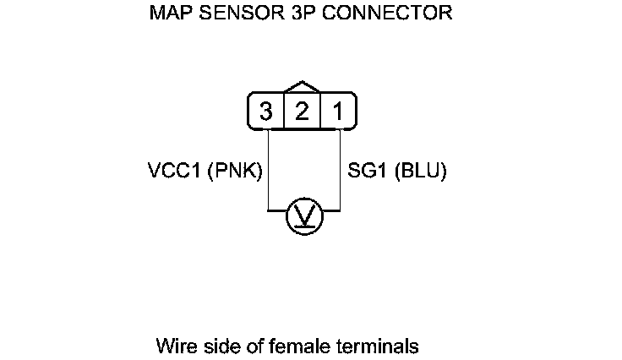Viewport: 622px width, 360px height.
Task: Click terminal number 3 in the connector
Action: tap(266, 112)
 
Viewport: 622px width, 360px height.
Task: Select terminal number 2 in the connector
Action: tap(302, 112)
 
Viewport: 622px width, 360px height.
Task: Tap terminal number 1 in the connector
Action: tap(336, 112)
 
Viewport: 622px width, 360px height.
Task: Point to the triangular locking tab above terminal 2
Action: tap(302, 87)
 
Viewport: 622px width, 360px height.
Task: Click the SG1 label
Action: tap(365, 171)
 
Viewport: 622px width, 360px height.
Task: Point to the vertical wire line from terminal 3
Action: tap(268, 169)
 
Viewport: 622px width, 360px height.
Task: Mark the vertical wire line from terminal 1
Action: tap(339, 169)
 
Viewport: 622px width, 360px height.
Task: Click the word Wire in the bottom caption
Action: tap(173, 346)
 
